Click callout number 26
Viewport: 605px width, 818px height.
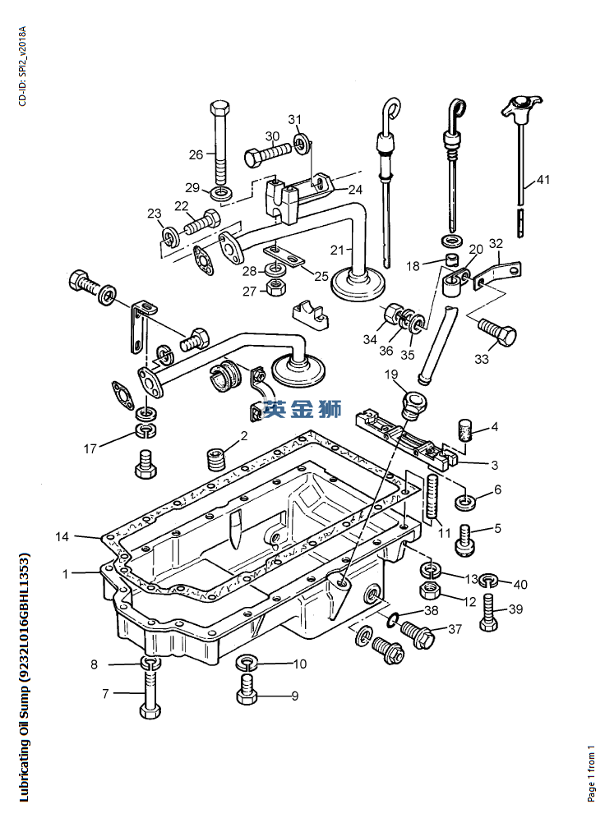(x=196, y=155)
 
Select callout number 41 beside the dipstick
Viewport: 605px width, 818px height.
(x=543, y=180)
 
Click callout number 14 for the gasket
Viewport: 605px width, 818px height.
(x=62, y=537)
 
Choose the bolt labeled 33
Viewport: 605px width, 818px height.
(x=497, y=332)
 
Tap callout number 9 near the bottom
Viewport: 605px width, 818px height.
(x=295, y=696)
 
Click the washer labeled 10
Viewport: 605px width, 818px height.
(x=247, y=664)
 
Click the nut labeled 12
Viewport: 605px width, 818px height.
(x=432, y=591)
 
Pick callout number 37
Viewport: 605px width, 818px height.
(x=455, y=630)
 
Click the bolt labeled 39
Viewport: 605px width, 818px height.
(x=488, y=612)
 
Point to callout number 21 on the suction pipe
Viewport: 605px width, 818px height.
(x=337, y=250)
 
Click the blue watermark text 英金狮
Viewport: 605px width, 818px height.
(x=302, y=408)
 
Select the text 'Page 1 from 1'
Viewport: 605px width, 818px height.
(x=591, y=773)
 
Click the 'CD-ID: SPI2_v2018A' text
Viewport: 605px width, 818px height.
(x=22, y=67)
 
